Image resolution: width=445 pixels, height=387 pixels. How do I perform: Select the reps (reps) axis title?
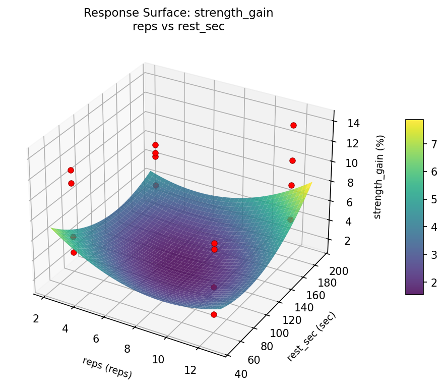click(x=107, y=368)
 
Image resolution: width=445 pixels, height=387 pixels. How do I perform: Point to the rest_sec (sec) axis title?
click(x=311, y=337)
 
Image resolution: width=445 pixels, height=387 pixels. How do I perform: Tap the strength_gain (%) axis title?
click(x=381, y=177)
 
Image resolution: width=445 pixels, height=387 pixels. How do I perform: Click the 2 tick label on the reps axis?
click(x=36, y=318)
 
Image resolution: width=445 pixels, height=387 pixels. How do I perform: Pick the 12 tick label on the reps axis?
click(x=189, y=370)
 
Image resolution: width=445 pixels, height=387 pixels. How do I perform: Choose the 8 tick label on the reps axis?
click(x=127, y=349)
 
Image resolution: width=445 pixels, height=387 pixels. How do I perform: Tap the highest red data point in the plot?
click(x=293, y=125)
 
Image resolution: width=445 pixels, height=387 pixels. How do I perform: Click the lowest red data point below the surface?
click(x=214, y=314)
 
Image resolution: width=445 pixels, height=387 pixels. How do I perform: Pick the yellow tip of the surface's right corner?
click(x=311, y=183)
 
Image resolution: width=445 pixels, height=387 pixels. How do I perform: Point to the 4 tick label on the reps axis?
click(x=66, y=328)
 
